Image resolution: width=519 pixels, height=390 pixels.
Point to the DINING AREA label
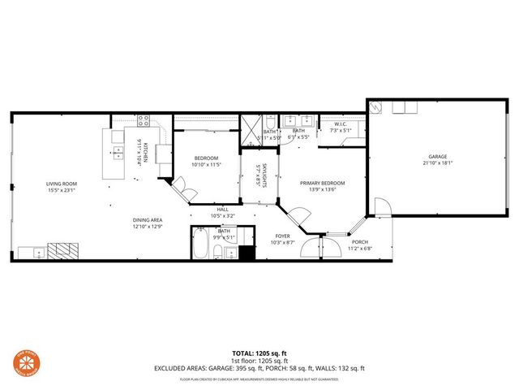point(148,220)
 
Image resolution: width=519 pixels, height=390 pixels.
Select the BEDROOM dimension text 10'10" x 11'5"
point(207,165)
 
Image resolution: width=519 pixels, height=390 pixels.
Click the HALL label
point(222,210)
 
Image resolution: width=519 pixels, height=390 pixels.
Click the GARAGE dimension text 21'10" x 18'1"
point(438,163)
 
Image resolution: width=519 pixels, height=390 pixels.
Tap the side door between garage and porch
point(381,207)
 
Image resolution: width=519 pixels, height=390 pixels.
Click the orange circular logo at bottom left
point(22,362)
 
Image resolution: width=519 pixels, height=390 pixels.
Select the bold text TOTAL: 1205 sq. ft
point(259,353)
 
